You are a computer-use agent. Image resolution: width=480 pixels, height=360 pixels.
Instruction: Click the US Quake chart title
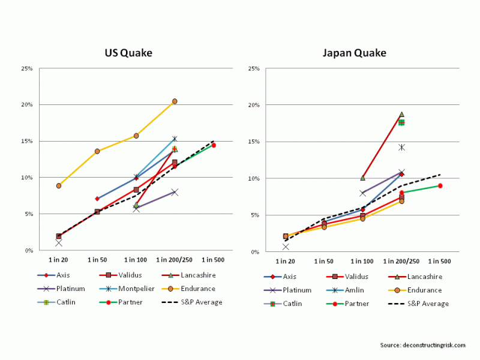[128, 53]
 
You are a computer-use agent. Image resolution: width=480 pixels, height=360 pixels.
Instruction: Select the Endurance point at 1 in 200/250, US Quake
[175, 101]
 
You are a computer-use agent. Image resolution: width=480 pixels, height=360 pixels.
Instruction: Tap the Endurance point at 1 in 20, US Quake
[59, 185]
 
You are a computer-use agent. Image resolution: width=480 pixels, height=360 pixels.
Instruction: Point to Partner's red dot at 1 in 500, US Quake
[214, 145]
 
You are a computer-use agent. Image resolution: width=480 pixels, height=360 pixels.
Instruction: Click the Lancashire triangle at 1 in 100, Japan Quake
[362, 178]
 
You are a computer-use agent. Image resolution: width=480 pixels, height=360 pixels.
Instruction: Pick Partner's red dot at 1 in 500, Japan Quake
[440, 186]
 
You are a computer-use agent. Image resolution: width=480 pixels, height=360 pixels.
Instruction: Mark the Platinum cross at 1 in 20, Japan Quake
[286, 247]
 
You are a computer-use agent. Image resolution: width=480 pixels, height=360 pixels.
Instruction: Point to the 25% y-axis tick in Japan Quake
[254, 68]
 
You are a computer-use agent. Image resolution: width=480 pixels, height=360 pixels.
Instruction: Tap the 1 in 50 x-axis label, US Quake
[97, 260]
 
